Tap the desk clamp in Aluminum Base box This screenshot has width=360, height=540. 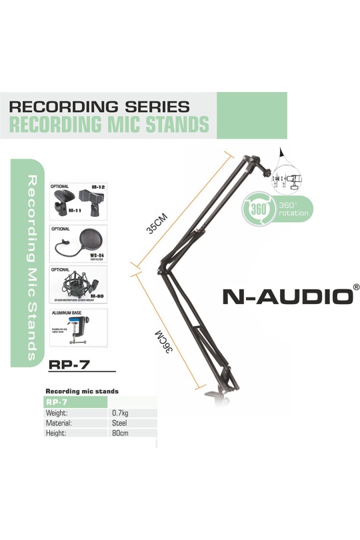pos(87,331)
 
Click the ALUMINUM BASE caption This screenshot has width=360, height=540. pos(67,312)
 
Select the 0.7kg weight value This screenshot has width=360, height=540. pos(121,413)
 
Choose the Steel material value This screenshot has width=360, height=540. pos(119,423)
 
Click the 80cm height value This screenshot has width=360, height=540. pos(121,433)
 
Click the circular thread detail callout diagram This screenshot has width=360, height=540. pos(291,179)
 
